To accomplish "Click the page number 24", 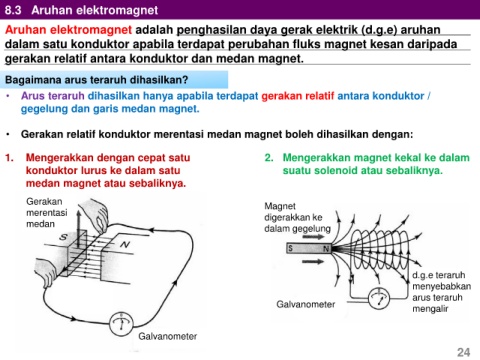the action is point(463,352).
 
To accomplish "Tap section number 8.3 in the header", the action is point(13,10).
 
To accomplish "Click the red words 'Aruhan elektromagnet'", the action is point(68,30).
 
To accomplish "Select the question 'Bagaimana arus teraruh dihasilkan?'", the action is point(97,80).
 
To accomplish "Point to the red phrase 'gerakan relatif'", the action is point(298,96).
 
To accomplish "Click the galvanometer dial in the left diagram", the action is point(121,324).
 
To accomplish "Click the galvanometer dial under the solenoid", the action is point(379,298).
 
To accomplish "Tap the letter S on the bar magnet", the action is point(291,248).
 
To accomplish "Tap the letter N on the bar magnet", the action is point(326,249).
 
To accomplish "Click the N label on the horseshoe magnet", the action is point(125,245).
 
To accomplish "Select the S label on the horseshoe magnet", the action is point(63,237).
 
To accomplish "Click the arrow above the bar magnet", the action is point(313,237).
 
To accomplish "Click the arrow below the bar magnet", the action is point(313,261).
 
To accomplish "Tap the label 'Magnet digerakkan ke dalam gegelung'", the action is point(297,217).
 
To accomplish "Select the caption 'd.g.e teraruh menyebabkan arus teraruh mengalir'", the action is point(441,292).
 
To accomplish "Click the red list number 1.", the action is point(9,158).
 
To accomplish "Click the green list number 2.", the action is point(269,158).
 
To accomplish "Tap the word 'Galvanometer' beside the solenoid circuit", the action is point(306,304).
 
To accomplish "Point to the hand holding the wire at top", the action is point(95,213).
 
